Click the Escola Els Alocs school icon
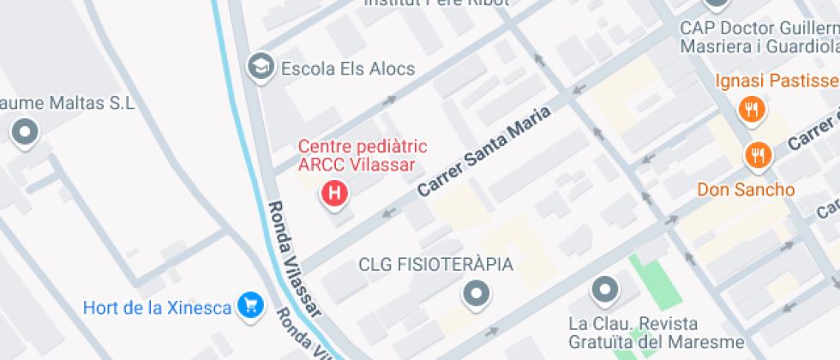(x=258, y=66)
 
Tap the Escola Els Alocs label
(x=348, y=69)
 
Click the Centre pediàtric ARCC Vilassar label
(x=362, y=156)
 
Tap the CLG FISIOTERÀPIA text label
(x=435, y=264)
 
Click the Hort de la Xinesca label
(x=158, y=307)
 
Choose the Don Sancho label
(x=746, y=189)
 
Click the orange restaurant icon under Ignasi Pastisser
(x=752, y=108)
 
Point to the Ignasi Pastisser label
(x=777, y=81)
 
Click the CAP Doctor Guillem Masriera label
(x=759, y=37)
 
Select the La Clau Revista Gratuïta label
(x=633, y=334)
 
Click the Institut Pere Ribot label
(x=436, y=3)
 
